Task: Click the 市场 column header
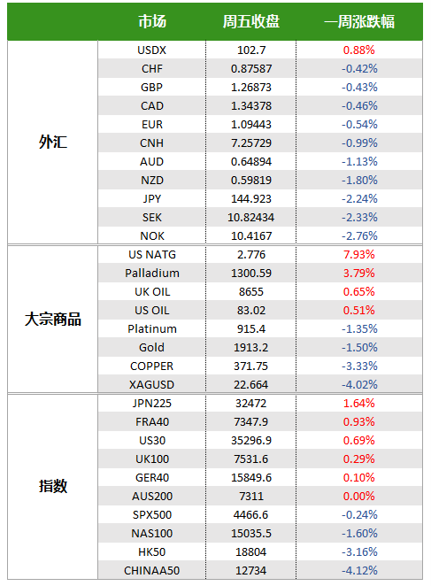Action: [152, 21]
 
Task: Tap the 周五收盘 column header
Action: [250, 21]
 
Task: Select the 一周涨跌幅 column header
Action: [359, 21]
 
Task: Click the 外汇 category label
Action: [53, 142]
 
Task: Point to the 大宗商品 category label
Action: [53, 320]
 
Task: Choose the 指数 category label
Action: [53, 486]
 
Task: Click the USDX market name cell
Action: [151, 50]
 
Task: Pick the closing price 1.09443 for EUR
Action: [251, 125]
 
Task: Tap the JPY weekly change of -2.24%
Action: [359, 199]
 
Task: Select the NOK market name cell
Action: [151, 235]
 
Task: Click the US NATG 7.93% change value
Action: [358, 255]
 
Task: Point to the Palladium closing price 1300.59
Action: [251, 274]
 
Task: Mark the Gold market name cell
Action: [151, 348]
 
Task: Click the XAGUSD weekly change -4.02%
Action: [359, 384]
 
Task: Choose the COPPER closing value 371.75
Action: [250, 366]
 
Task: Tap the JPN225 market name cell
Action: [151, 404]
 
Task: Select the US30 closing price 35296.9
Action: [251, 441]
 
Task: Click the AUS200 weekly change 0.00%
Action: [358, 497]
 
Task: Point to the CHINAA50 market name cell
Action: [151, 571]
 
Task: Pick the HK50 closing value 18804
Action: [250, 552]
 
